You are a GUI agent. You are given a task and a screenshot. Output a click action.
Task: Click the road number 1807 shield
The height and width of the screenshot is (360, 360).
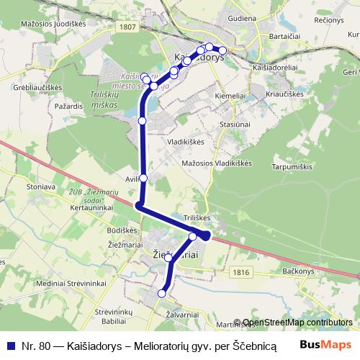129,27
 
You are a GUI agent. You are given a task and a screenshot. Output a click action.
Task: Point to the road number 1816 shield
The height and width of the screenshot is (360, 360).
242,271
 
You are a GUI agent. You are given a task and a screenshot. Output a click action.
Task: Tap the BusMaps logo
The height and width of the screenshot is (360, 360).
327,345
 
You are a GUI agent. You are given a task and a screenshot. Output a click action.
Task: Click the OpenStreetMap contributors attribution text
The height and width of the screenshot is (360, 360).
297,323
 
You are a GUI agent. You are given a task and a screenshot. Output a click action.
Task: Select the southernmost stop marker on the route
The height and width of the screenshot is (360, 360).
162,293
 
